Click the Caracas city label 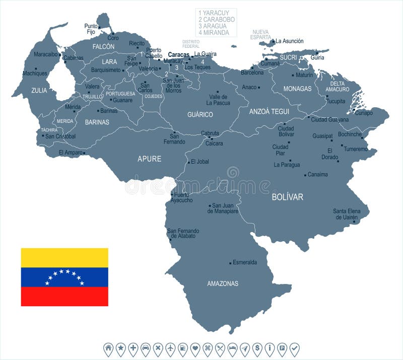[178, 54]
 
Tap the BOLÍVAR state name [287, 197]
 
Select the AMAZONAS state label [223, 283]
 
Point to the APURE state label [150, 159]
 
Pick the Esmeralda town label [245, 262]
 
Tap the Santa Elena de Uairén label [346, 214]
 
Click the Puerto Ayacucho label [181, 197]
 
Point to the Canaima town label [317, 175]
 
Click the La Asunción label [290, 41]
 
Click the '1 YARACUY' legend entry [214, 13]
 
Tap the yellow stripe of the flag [64, 257]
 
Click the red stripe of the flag [64, 297]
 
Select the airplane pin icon [170, 348]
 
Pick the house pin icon [108, 348]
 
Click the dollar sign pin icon [257, 348]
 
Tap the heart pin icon [195, 348]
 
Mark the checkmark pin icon [294, 348]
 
